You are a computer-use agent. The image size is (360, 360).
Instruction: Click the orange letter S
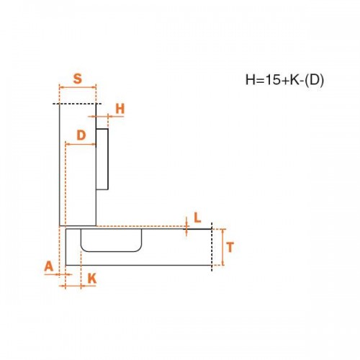[x=78, y=78]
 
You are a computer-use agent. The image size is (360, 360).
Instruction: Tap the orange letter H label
[x=120, y=109]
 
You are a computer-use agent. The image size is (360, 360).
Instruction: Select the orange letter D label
[x=81, y=135]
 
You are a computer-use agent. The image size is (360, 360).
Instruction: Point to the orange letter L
[x=197, y=218]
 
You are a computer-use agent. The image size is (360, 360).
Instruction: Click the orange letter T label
[x=230, y=247]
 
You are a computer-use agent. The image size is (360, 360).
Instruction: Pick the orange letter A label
[x=49, y=266]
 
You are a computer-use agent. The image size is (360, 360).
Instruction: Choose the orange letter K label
[x=92, y=279]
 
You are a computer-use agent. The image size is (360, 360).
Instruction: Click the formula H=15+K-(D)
[x=284, y=79]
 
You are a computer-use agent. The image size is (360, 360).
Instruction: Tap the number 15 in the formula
[x=273, y=79]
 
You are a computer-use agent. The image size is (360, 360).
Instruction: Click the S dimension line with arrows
[x=78, y=88]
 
